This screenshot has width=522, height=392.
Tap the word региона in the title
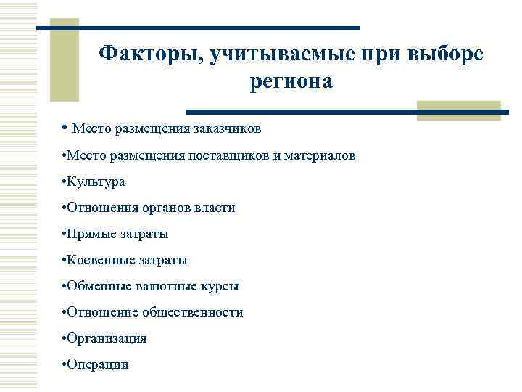[x=291, y=81]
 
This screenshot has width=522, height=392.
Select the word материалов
[x=319, y=155]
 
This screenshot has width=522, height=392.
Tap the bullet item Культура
[x=96, y=181]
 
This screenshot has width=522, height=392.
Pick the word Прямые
[x=88, y=234]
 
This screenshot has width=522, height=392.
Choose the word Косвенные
[x=96, y=260]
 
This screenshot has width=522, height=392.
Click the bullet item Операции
[x=99, y=364]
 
